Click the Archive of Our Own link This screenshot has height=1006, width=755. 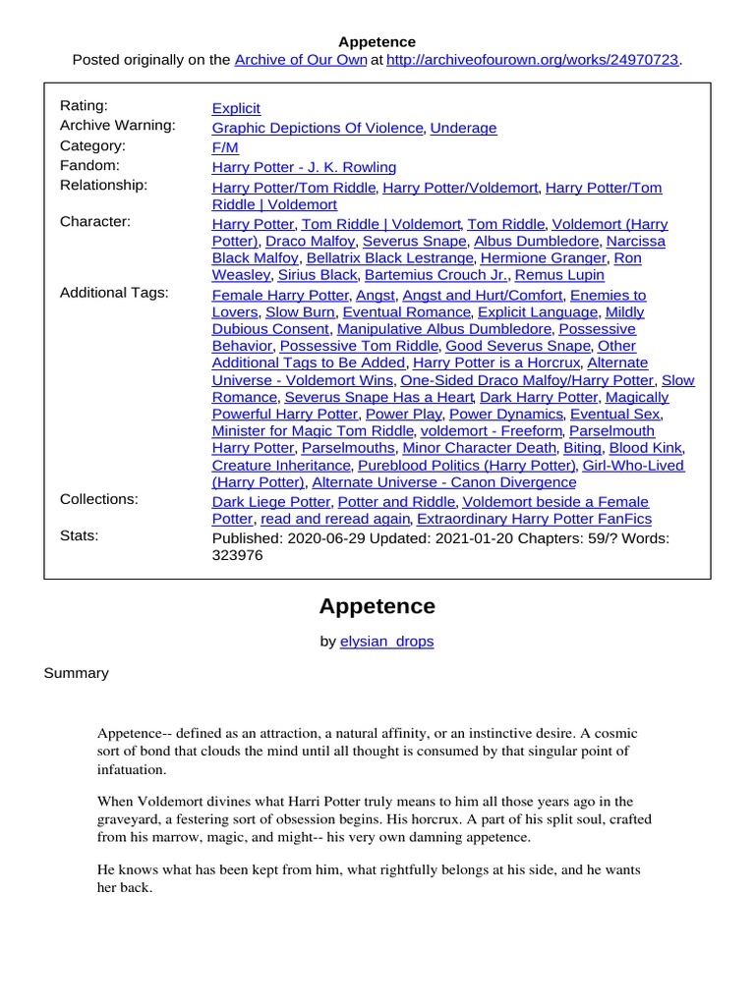point(300,60)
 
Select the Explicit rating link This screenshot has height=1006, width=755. point(236,108)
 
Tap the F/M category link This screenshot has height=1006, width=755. point(225,147)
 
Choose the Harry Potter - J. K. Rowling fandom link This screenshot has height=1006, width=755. point(304,167)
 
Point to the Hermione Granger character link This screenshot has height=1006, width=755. point(543,258)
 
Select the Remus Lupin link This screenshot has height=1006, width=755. point(559,276)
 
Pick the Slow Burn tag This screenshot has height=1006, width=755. point(301,312)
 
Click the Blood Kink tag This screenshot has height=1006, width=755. point(645,448)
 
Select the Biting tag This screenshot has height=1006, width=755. point(582,448)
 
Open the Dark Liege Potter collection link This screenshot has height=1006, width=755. point(270,501)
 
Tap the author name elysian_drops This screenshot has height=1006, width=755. point(386,642)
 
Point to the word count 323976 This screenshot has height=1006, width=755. point(238,555)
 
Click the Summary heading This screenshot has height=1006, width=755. point(77,673)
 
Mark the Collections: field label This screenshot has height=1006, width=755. point(99,499)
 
